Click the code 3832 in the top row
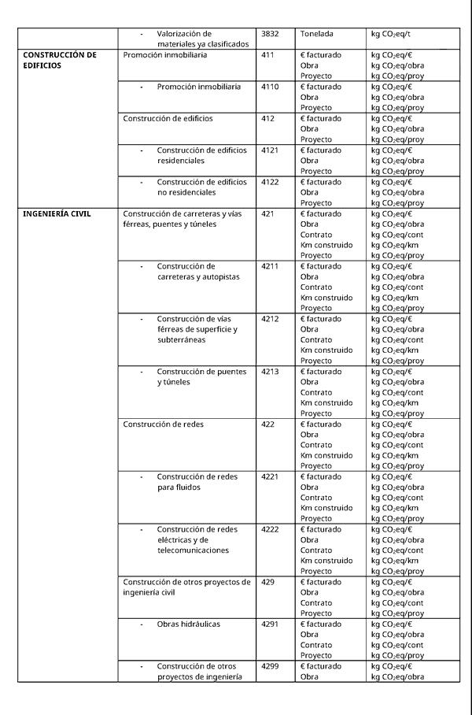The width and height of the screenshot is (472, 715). (x=270, y=35)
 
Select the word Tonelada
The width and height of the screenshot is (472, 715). (x=317, y=35)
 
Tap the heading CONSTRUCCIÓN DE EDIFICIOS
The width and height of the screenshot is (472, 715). (x=60, y=61)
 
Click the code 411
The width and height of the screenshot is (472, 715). (x=267, y=55)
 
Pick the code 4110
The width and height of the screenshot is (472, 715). (x=270, y=87)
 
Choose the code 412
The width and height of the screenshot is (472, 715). (x=267, y=118)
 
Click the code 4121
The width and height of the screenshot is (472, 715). (x=270, y=150)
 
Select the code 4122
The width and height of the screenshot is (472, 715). (x=270, y=182)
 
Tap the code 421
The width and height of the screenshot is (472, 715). (x=267, y=213)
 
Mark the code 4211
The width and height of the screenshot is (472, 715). (x=270, y=266)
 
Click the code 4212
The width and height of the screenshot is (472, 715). (x=270, y=319)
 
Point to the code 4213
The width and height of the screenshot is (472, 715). (x=270, y=372)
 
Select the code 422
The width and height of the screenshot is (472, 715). (x=267, y=424)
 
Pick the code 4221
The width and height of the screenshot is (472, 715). (x=270, y=476)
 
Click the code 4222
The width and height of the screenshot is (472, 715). (x=270, y=529)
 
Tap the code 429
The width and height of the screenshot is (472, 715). (x=267, y=582)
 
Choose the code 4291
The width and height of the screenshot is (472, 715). (x=270, y=624)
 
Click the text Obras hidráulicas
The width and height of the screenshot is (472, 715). (x=189, y=624)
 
